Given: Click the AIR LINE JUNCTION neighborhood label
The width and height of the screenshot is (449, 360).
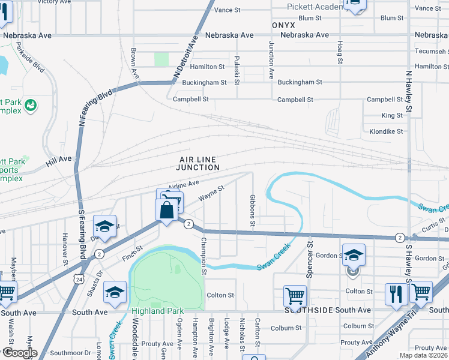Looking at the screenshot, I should [x=197, y=163].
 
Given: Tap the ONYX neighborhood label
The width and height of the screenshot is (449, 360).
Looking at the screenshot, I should [x=283, y=26].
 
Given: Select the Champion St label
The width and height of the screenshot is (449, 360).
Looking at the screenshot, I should [x=204, y=256].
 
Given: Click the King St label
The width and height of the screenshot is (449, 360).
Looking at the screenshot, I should [x=392, y=115].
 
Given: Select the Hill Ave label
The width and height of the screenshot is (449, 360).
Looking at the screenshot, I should [x=59, y=160].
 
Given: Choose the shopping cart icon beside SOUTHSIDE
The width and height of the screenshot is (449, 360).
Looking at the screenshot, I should [x=295, y=295].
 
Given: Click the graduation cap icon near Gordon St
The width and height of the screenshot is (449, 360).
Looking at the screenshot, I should [x=354, y=254].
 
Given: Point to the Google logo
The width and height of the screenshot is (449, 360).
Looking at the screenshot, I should [x=20, y=353].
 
